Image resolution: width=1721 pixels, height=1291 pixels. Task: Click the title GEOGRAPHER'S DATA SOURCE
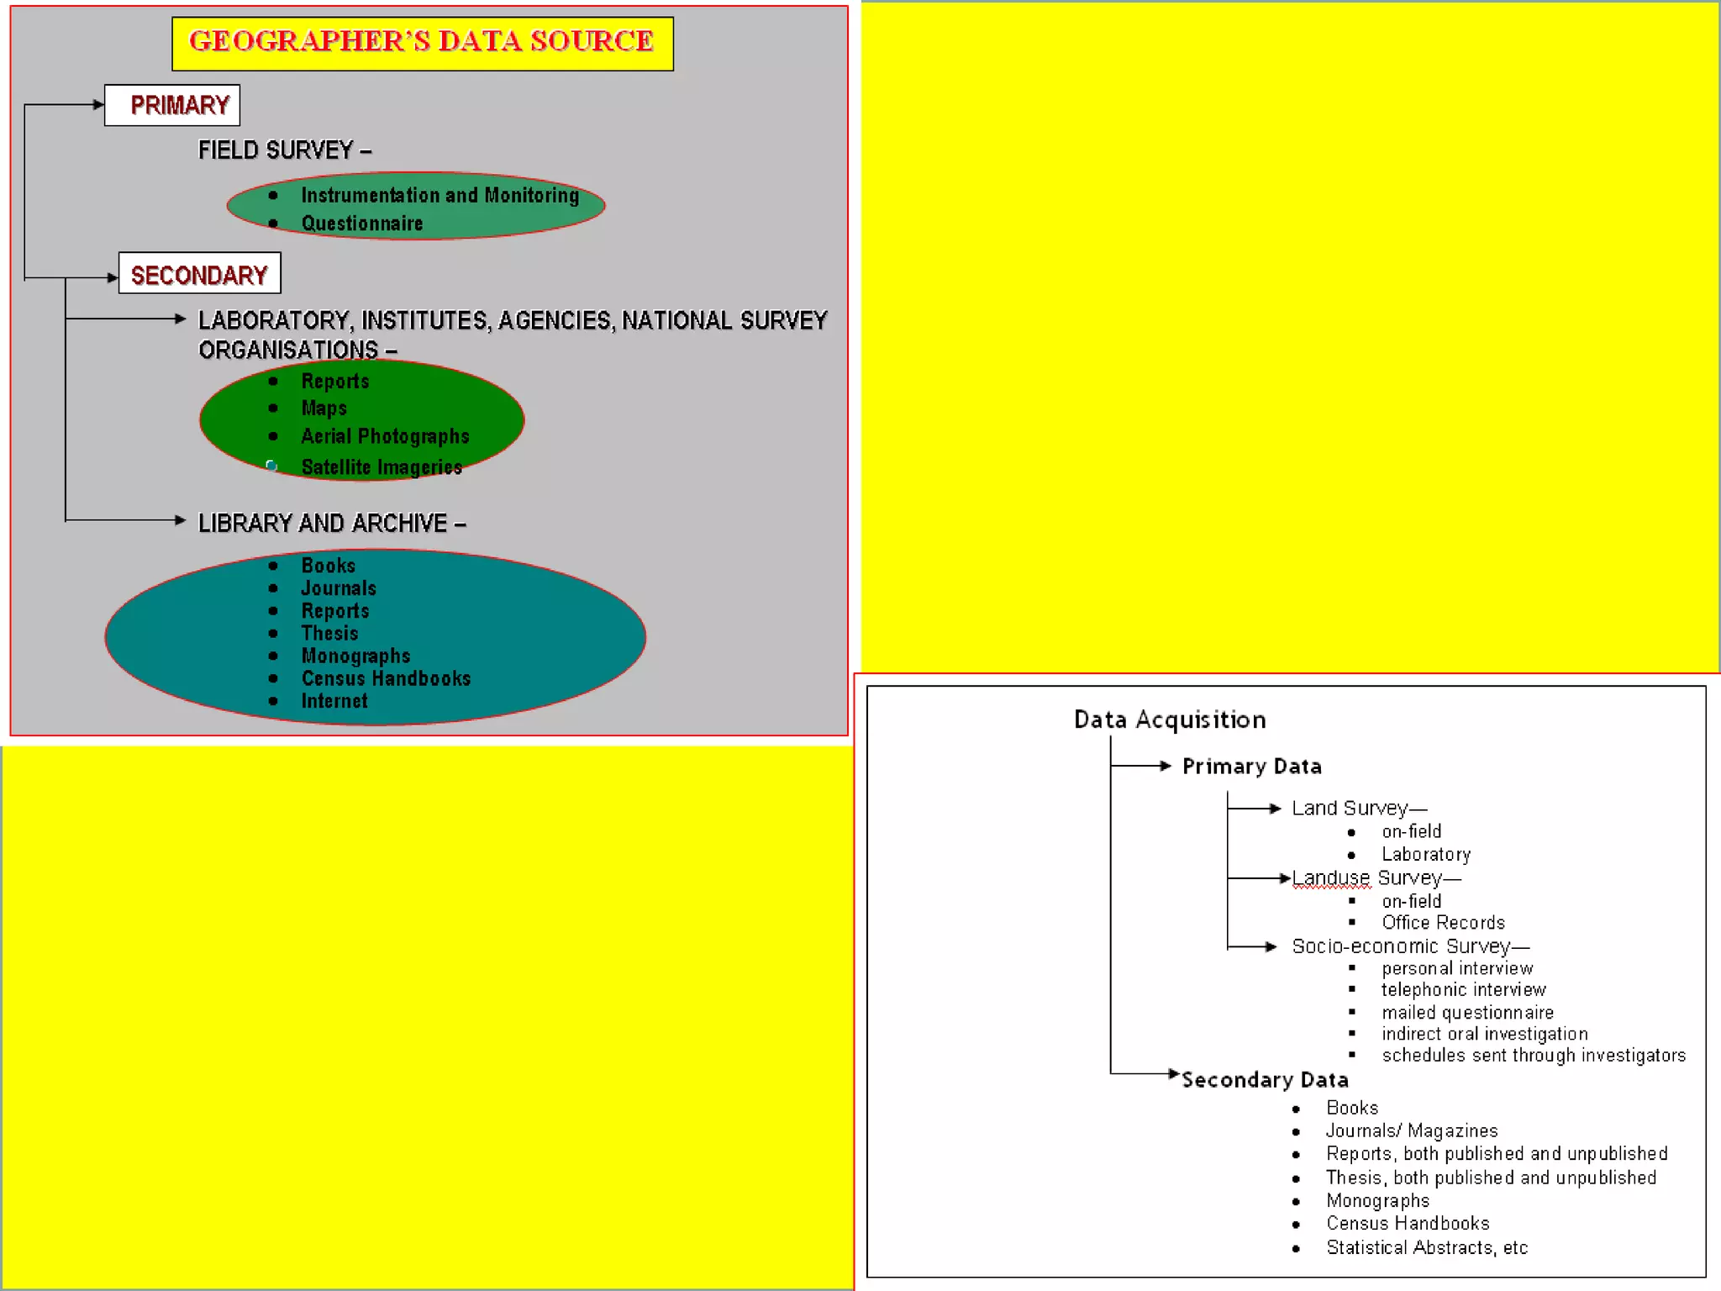pos(422,42)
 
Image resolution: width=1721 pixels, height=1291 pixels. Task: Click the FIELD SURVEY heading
pos(284,150)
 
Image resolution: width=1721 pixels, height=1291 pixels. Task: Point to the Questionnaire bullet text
pos(362,224)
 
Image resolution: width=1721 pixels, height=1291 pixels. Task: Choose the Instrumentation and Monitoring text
pos(439,196)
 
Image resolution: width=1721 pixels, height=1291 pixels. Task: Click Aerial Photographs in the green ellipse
pos(385,436)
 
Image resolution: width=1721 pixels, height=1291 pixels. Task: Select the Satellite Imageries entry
pos(382,467)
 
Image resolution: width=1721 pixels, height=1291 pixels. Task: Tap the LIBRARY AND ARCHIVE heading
pos(332,524)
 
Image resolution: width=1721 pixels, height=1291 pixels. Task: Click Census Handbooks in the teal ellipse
pos(386,679)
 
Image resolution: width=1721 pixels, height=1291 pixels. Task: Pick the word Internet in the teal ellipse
pos(334,701)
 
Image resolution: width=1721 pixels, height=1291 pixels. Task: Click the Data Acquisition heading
pos(1170,720)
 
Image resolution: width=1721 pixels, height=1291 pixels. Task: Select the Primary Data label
pos(1251,767)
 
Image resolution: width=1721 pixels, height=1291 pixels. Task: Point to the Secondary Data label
pos(1265,1080)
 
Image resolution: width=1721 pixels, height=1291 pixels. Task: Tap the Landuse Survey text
pos(1376,878)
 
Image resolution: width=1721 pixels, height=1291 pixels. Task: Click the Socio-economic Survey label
pos(1410,946)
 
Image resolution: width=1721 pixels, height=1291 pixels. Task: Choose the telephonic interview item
pos(1463,990)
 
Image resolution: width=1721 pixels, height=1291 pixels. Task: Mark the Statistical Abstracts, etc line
pos(1426,1248)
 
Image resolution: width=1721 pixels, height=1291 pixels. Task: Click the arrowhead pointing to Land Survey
pos(1276,809)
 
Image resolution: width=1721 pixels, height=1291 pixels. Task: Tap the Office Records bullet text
pos(1443,923)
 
